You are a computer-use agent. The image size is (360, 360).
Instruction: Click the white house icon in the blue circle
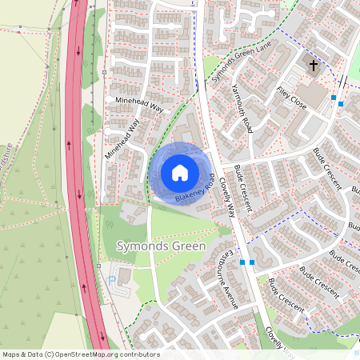pos(180,172)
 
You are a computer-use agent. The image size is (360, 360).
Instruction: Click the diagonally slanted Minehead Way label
pos(122,141)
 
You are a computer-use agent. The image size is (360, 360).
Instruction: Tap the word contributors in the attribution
pos(141,354)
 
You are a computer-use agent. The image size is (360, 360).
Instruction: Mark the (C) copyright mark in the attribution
pos(50,354)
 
